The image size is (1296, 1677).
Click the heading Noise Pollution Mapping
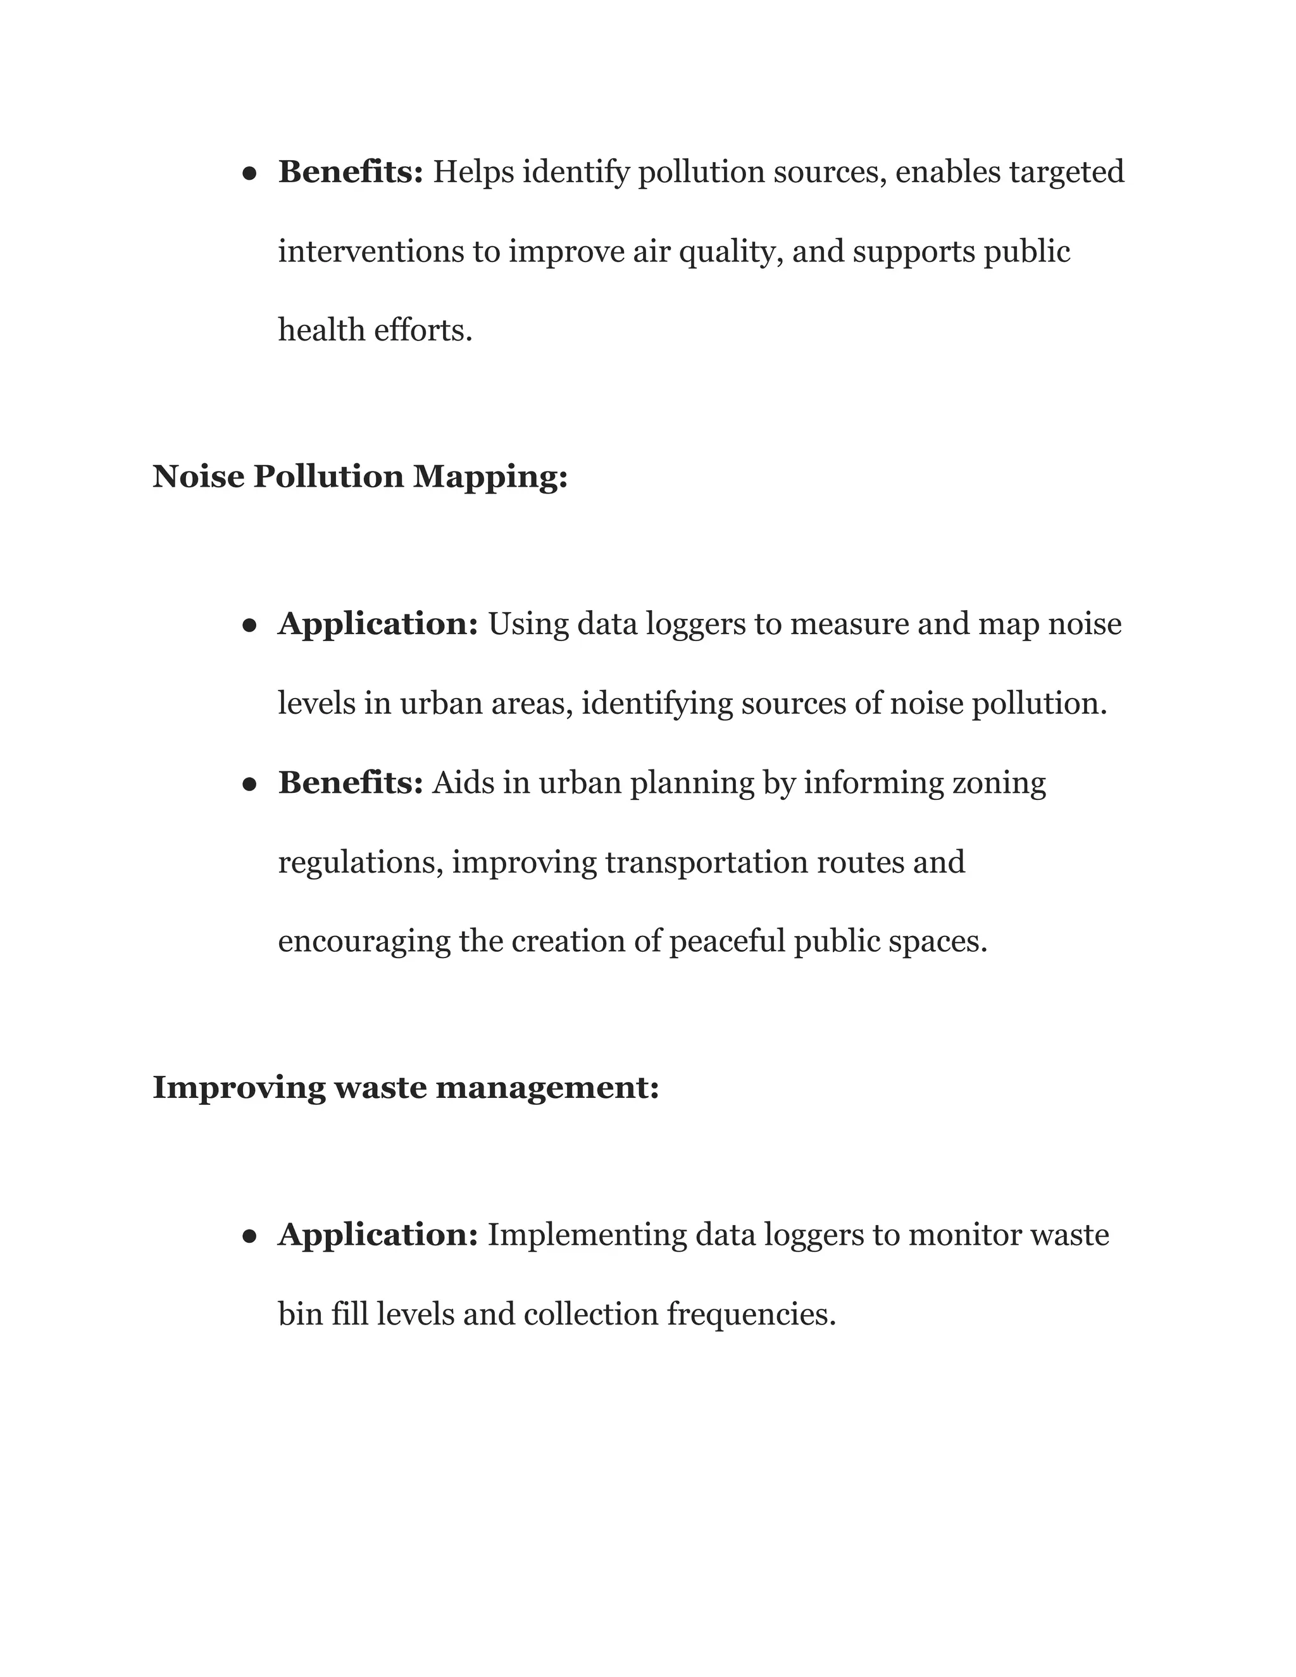359,477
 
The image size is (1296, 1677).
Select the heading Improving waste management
406,1088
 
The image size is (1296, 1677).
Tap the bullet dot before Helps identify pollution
249,174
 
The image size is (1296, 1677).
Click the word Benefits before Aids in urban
350,783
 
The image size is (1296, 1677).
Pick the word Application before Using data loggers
378,624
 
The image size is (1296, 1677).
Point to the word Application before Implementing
378,1235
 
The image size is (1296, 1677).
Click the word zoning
998,784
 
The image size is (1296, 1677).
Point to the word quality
731,252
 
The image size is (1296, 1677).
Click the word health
321,331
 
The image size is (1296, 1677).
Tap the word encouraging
364,942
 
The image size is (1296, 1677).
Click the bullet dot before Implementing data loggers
249,1237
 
